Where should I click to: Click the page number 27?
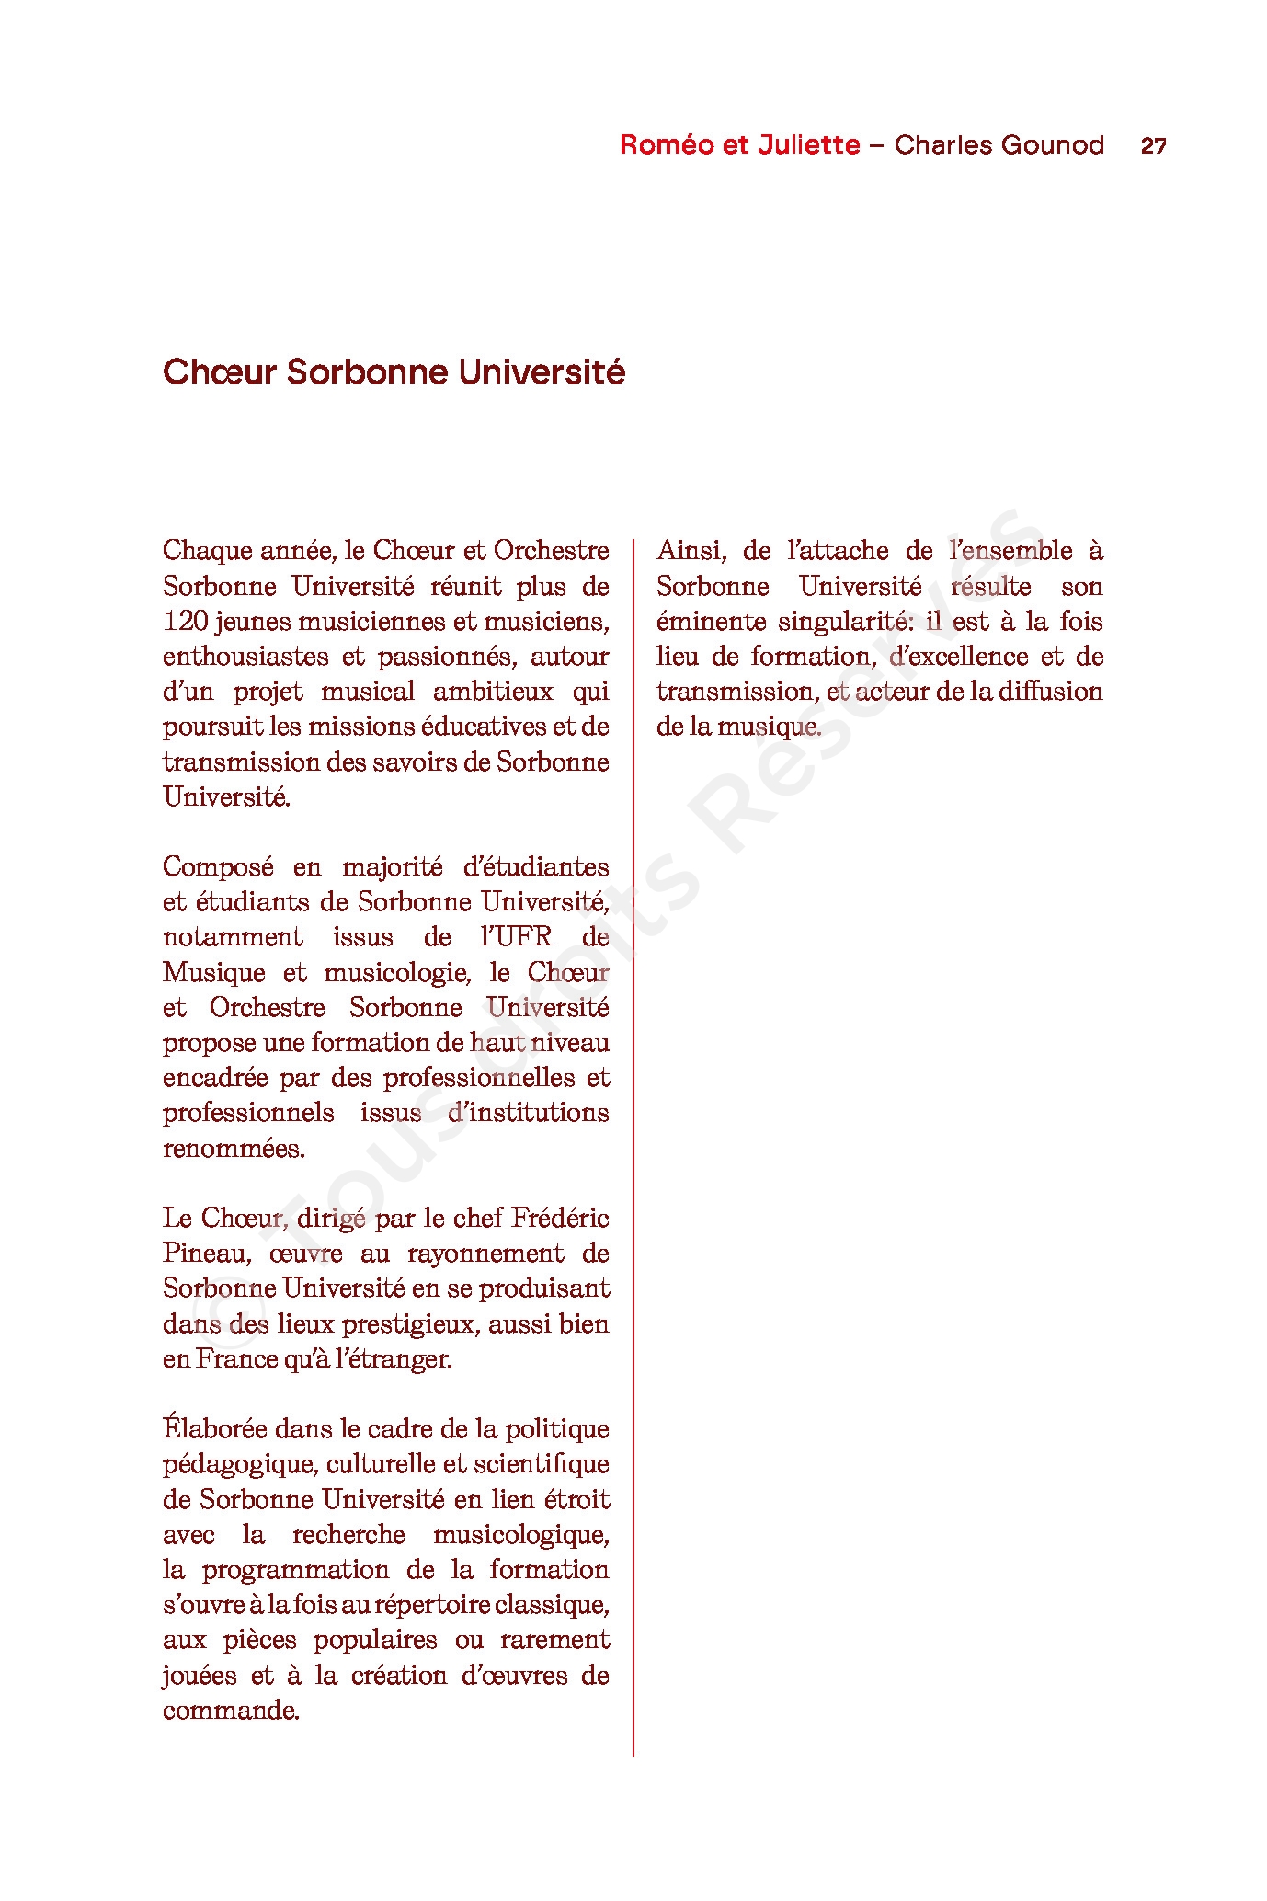click(1153, 145)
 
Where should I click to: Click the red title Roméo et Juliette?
click(739, 145)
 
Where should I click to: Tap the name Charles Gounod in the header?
click(999, 145)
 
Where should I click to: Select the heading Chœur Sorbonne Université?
click(394, 372)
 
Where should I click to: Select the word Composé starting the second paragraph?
click(218, 867)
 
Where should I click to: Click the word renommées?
click(234, 1149)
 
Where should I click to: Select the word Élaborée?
click(215, 1429)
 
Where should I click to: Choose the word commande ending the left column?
click(230, 1711)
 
